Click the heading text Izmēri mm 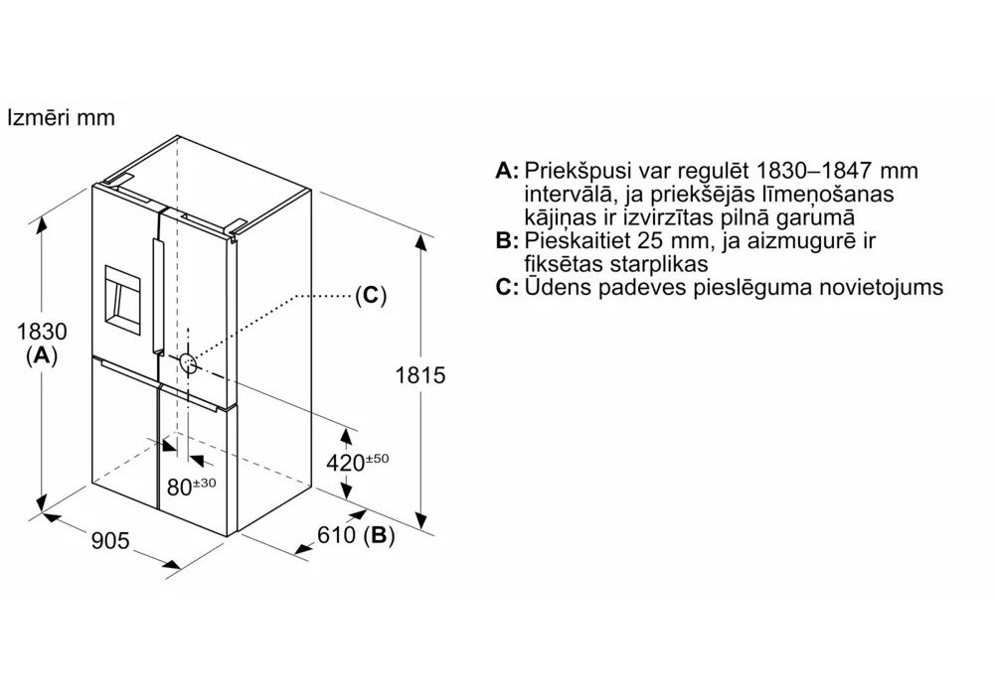tap(61, 117)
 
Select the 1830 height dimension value tap(42, 331)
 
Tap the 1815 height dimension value tap(420, 375)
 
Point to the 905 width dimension tap(110, 540)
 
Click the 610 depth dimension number tap(336, 535)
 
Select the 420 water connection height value tap(346, 463)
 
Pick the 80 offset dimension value tap(179, 487)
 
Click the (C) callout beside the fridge tap(371, 295)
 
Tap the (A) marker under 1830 tap(42, 355)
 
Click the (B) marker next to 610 tap(379, 535)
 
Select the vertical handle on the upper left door tap(157, 295)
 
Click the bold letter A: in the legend tap(507, 171)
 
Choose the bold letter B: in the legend tap(507, 240)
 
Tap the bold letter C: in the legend tap(507, 287)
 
